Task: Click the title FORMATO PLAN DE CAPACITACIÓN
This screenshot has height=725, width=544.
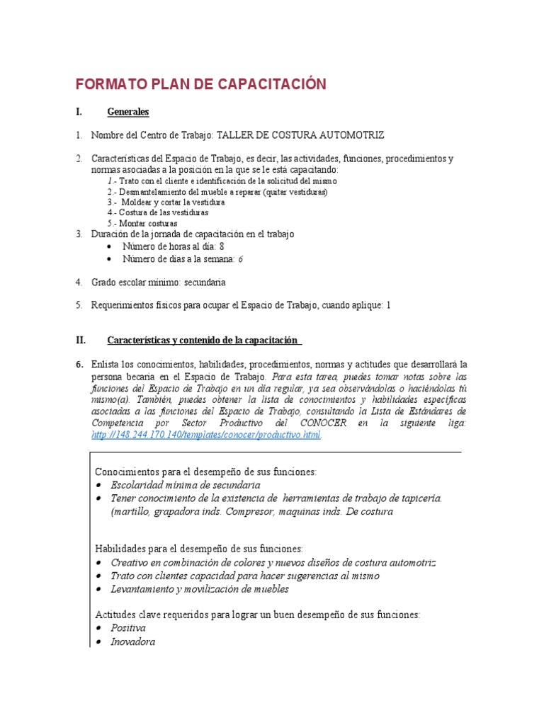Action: coord(200,84)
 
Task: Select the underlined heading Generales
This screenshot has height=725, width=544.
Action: coord(127,112)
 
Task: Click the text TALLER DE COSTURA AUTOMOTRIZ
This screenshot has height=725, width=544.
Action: coord(300,135)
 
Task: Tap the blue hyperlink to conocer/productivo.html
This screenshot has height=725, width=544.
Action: coord(207,435)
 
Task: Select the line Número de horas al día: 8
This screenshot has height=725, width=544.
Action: coord(173,246)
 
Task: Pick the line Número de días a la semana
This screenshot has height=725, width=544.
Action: coord(182,259)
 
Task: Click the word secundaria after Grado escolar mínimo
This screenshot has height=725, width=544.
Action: coord(205,282)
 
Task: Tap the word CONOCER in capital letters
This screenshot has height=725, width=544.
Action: coord(324,423)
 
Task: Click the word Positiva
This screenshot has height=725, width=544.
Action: coord(128,628)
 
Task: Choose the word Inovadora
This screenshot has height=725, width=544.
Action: coord(133,642)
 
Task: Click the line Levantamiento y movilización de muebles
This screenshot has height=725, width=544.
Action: coord(200,589)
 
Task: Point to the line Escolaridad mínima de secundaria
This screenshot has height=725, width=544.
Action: coord(186,485)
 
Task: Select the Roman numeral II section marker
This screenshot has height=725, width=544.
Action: coord(80,340)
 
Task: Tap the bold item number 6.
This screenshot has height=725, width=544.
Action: coord(79,363)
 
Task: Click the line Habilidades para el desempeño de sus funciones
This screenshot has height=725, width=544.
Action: coord(199,549)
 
